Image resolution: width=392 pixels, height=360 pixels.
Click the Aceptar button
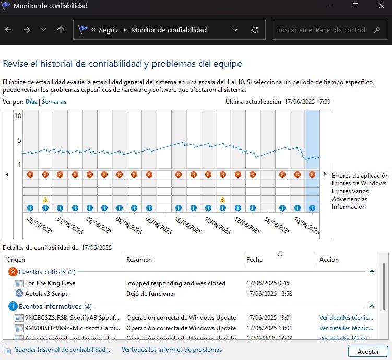tap(368, 352)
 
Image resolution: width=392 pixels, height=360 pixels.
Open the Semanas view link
tap(54, 102)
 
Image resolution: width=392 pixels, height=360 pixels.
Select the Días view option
tap(31, 102)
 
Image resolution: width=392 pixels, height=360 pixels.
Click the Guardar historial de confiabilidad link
tap(62, 350)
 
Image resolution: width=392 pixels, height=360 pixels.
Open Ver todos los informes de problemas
tap(172, 350)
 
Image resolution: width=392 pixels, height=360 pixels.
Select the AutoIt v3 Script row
tap(46, 294)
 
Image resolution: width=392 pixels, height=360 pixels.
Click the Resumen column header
tap(139, 260)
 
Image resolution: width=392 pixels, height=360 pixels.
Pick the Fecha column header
tap(254, 260)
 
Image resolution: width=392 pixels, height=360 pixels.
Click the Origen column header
tap(16, 260)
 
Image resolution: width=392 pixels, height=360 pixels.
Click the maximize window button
tap(355, 6)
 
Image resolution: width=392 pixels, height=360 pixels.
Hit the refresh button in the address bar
tap(255, 30)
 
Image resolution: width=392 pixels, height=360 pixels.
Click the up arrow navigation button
tap(61, 30)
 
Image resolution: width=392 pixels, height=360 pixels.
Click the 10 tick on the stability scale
tap(18, 115)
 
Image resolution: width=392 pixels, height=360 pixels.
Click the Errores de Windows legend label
tap(359, 183)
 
